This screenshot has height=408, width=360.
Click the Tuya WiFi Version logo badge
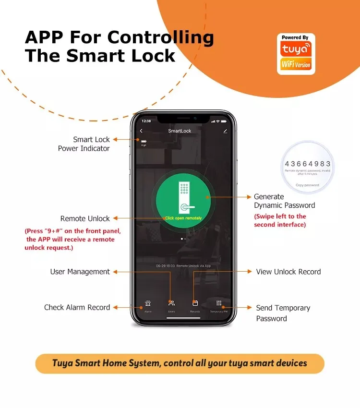coord(296,54)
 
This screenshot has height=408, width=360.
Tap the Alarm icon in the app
coord(148,303)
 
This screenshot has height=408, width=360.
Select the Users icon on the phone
coord(171,303)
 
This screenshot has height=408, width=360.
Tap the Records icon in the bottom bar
coord(195,303)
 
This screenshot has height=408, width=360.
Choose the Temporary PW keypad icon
coord(219,303)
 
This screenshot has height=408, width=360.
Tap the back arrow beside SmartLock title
coord(141,131)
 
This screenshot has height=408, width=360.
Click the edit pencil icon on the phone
coord(225,131)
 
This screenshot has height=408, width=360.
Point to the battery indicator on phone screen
coord(143,141)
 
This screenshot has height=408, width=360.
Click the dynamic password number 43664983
coord(307,164)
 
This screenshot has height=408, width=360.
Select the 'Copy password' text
coord(307,185)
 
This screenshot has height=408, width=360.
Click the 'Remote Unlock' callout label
coord(85,218)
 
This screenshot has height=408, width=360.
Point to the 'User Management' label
coord(80,272)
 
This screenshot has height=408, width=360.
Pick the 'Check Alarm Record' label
coord(77,307)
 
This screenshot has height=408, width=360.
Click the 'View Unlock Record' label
coord(288,272)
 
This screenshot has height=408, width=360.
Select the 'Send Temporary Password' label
coord(283,313)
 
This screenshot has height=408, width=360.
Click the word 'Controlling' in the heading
coord(160,37)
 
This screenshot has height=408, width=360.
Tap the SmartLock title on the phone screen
coord(180,131)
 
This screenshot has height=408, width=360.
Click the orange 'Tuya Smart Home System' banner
coord(180,363)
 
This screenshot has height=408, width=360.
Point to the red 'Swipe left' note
coord(280,220)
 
